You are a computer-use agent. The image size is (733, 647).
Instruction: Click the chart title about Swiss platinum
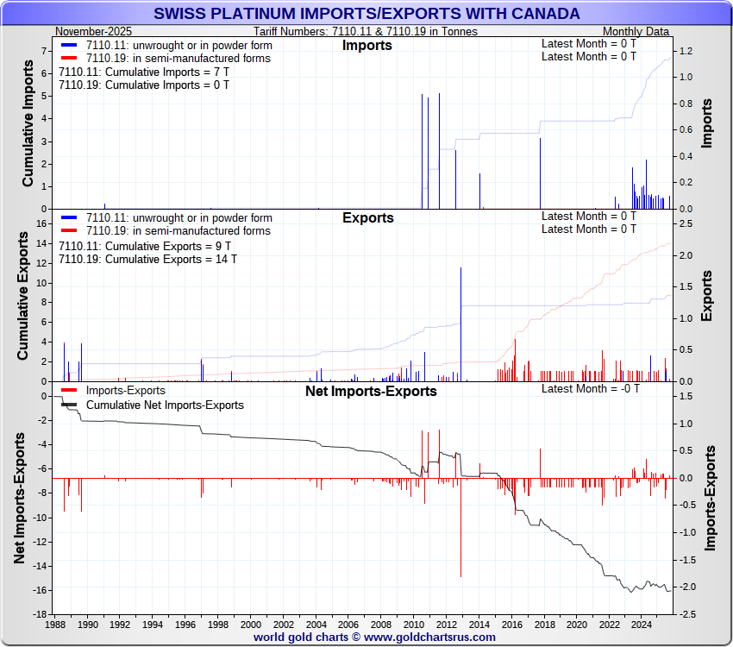[x=366, y=14]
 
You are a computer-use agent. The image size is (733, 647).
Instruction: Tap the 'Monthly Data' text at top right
[x=636, y=31]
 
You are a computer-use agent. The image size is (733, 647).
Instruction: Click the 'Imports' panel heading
[x=366, y=45]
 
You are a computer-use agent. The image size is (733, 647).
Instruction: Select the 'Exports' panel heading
[x=368, y=217]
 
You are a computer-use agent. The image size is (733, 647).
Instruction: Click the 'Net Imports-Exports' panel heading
[x=371, y=391]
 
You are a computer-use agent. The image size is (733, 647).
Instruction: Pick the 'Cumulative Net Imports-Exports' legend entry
[x=165, y=405]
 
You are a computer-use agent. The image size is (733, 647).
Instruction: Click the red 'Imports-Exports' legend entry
[x=126, y=392]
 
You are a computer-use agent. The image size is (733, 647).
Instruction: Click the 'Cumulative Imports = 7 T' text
[x=144, y=72]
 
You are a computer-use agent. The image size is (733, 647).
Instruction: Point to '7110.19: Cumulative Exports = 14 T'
[x=147, y=259]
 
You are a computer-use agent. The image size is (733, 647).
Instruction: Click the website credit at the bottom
[x=374, y=638]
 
